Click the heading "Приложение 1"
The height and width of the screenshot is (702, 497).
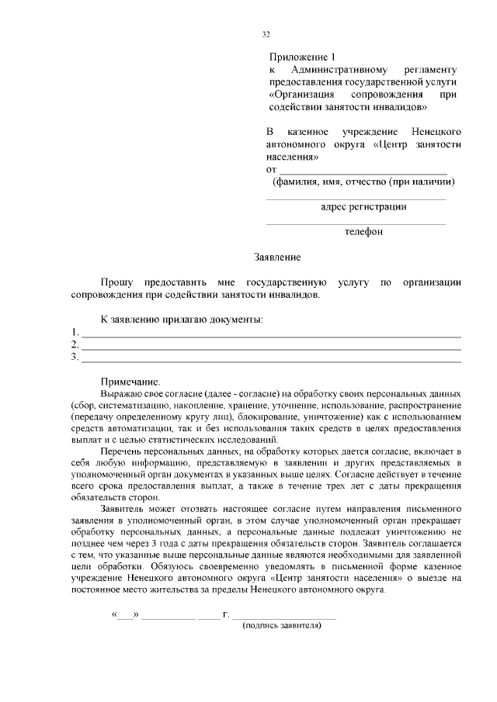pos(304,57)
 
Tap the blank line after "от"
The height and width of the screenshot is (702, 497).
pos(363,170)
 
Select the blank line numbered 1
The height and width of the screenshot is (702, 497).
pos(272,336)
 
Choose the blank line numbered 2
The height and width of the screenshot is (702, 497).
pos(272,348)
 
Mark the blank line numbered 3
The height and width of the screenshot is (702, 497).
pos(272,360)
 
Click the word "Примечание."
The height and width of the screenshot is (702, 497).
pos(130,382)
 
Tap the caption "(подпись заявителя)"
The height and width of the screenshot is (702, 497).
pos(282,624)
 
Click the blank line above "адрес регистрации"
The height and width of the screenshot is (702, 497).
pos(356,199)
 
